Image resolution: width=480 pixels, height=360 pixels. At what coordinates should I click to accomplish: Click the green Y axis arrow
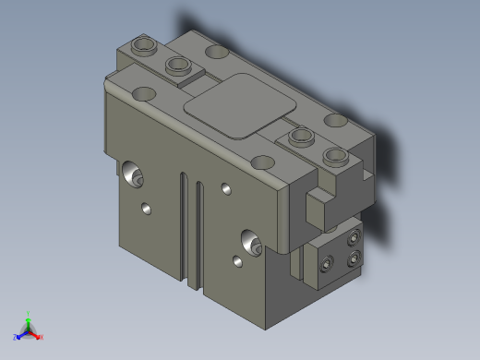29,317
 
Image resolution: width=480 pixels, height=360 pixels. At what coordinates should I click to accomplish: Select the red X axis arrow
39,336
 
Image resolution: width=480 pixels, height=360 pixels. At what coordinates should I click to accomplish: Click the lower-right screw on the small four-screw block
354,258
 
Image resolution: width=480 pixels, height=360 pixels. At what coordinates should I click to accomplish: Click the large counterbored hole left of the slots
132,173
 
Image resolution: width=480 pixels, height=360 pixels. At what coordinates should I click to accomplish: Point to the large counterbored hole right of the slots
249,240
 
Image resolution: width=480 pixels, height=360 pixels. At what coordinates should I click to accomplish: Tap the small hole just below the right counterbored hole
237,262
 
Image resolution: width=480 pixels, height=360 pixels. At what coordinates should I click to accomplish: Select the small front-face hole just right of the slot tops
226,189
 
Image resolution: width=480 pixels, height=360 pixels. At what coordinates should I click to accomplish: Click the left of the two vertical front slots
186,226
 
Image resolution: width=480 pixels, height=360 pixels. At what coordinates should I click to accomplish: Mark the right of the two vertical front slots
198,233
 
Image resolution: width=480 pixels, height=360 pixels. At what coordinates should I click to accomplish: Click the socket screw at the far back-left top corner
145,44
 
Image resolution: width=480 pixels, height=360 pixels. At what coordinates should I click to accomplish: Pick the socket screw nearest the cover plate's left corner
178,66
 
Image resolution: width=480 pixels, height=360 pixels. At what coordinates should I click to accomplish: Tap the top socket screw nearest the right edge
334,154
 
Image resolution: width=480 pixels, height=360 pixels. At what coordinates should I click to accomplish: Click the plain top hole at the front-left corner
144,93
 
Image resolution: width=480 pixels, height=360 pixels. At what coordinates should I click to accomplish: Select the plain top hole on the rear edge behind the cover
218,52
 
